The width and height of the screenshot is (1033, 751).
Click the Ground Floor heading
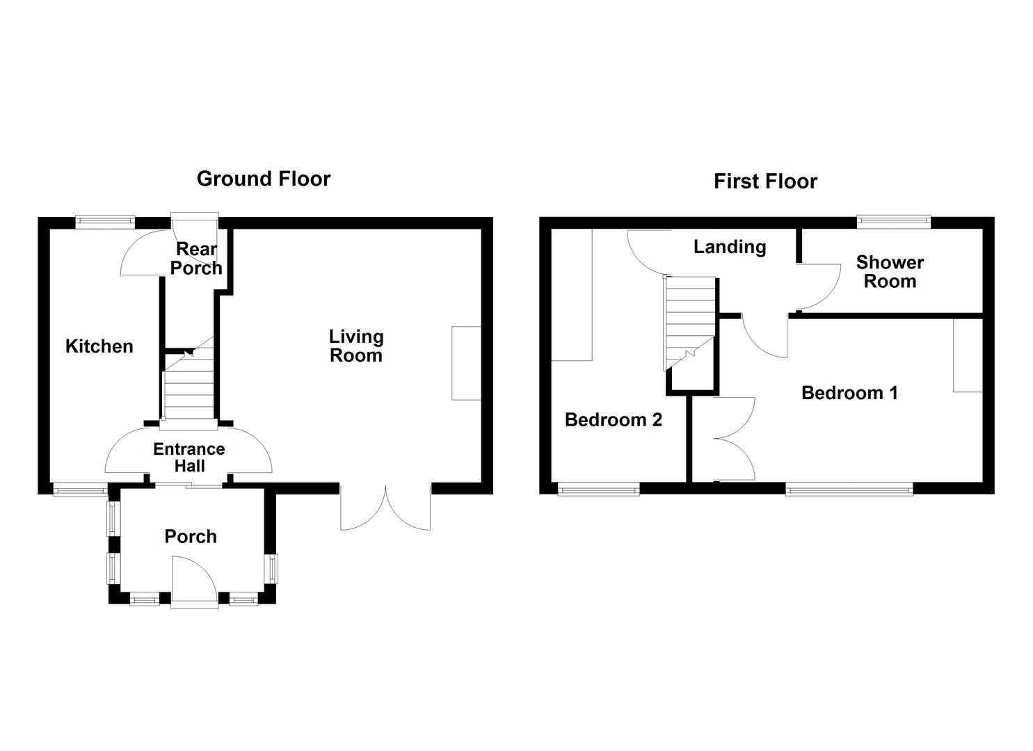[x=264, y=179]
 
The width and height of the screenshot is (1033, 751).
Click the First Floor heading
[x=765, y=181]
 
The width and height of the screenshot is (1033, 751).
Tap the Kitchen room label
[x=99, y=346]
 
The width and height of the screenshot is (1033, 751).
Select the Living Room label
[x=355, y=346]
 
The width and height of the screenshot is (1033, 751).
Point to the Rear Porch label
[x=196, y=259]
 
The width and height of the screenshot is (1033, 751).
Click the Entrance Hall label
[x=189, y=458]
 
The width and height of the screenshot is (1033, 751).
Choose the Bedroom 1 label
[x=849, y=393]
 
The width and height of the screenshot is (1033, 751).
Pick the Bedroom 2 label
[x=613, y=420]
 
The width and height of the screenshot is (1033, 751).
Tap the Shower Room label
[x=890, y=272]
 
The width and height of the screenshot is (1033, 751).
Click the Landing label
[x=730, y=247]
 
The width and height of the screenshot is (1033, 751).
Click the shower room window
[x=893, y=221]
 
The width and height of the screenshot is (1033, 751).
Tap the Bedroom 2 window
[x=598, y=490]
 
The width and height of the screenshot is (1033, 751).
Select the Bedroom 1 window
[x=849, y=490]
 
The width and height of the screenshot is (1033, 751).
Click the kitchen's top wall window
[x=105, y=221]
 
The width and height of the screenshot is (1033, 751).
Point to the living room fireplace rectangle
[x=465, y=363]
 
